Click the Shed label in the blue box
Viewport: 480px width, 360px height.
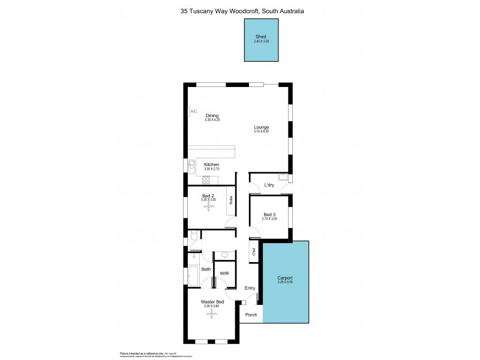pos(262,36)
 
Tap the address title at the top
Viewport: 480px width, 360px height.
pos(239,10)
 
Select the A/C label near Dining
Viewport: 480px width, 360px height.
pos(193,112)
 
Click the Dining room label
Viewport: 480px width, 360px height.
pos(212,115)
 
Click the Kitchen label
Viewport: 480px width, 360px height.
pos(211,164)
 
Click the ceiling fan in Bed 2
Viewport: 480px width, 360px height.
pos(209,206)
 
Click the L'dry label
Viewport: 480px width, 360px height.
pos(269,185)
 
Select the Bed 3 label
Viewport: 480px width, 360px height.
pos(269,215)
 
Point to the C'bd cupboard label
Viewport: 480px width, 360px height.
pos(254,251)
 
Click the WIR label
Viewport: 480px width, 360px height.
pos(224,273)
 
